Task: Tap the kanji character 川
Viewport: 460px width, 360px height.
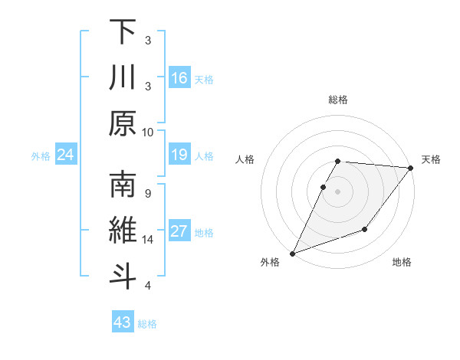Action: [123, 77]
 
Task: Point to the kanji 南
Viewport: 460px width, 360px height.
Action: [123, 186]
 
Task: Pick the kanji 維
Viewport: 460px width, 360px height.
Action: [123, 232]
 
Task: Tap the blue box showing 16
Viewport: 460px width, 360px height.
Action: [179, 78]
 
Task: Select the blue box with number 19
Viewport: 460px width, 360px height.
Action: [179, 155]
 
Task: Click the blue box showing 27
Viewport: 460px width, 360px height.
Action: [179, 232]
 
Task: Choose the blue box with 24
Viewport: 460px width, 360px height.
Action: [66, 155]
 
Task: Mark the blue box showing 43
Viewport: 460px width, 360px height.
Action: [123, 322]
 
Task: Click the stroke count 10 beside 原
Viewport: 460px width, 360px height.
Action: [148, 132]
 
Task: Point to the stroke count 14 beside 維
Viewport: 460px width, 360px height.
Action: [148, 240]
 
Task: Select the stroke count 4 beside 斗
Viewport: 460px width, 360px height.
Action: [148, 286]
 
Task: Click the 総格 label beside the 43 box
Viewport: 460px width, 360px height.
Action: [147, 324]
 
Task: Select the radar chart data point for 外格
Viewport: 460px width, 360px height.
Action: [292, 254]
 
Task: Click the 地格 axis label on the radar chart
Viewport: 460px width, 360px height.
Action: [402, 263]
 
